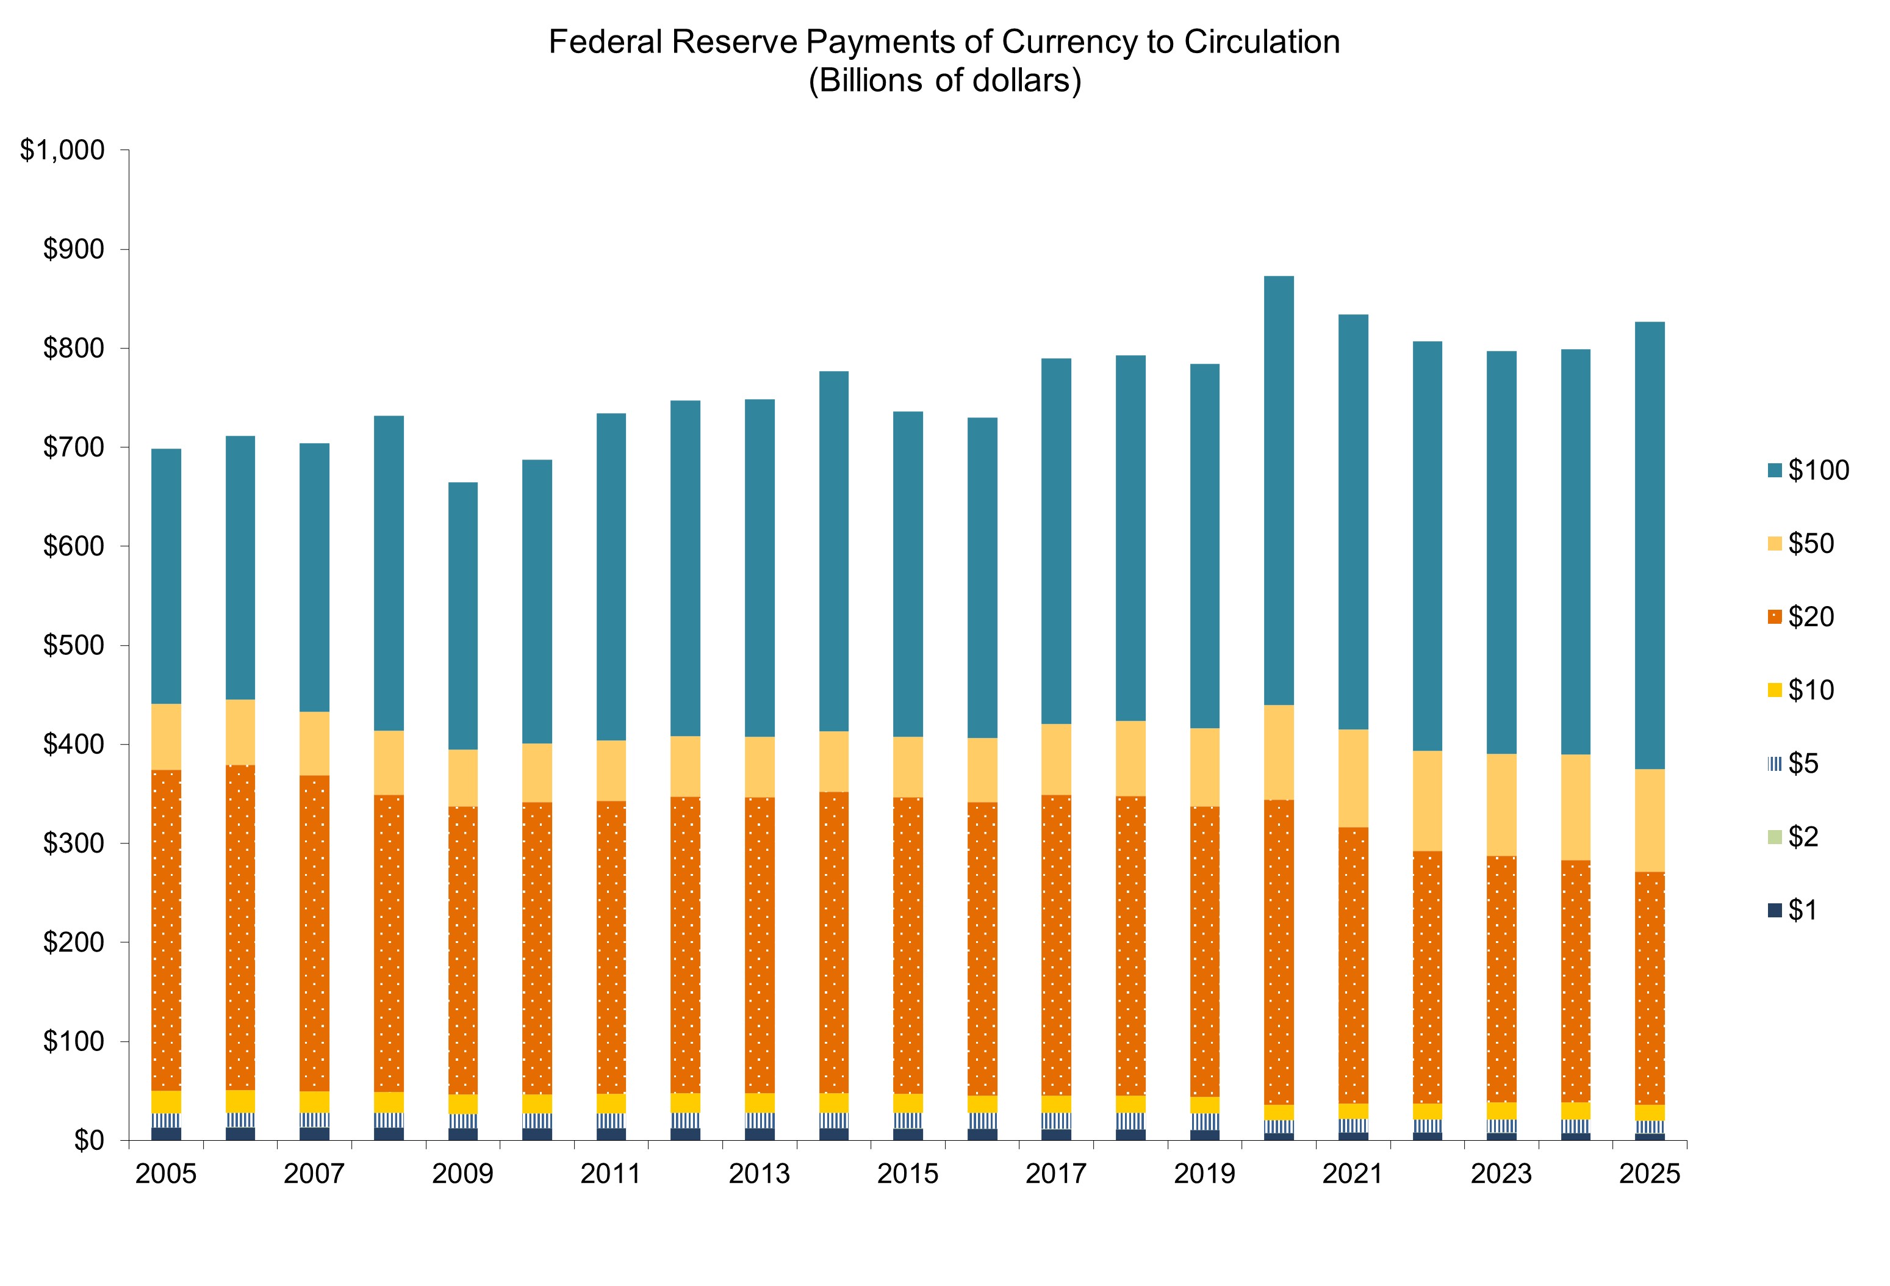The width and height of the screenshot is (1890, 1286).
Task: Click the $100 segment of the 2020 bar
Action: pos(1279,491)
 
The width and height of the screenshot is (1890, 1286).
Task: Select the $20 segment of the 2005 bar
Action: pos(166,930)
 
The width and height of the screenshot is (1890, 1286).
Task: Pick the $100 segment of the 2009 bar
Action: pos(463,616)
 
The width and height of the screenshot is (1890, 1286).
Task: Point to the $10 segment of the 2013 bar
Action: pos(760,1103)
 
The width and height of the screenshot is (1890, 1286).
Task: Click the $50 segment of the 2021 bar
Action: pos(1353,778)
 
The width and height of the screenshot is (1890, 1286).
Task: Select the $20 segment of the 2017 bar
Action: pos(1057,945)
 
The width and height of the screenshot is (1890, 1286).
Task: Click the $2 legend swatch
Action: pos(1773,836)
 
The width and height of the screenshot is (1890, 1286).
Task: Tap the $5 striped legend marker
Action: pos(1773,763)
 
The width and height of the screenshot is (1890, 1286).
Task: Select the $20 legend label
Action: pos(1811,616)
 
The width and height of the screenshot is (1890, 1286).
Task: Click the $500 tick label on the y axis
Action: pos(73,645)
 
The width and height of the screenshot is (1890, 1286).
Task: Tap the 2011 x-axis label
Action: pos(611,1174)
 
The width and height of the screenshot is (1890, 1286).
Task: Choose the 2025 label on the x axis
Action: pos(1649,1174)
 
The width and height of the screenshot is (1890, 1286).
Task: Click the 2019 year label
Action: pos(1204,1174)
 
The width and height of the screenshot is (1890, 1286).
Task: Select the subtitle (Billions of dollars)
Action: pos(944,81)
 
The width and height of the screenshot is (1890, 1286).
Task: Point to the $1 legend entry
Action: pos(1802,909)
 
